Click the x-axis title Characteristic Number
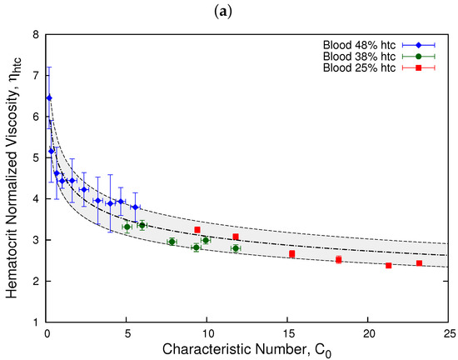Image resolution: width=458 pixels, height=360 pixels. (x=248, y=349)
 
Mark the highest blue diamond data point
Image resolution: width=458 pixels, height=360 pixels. (x=48, y=97)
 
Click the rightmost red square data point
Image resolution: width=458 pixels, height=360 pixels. (x=419, y=263)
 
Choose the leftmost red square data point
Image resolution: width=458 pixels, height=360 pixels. (x=197, y=229)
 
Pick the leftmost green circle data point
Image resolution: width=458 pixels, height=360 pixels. (x=127, y=227)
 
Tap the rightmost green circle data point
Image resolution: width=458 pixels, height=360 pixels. (x=236, y=248)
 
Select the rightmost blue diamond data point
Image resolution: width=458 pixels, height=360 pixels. (x=135, y=207)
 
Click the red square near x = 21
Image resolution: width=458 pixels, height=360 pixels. (x=388, y=265)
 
